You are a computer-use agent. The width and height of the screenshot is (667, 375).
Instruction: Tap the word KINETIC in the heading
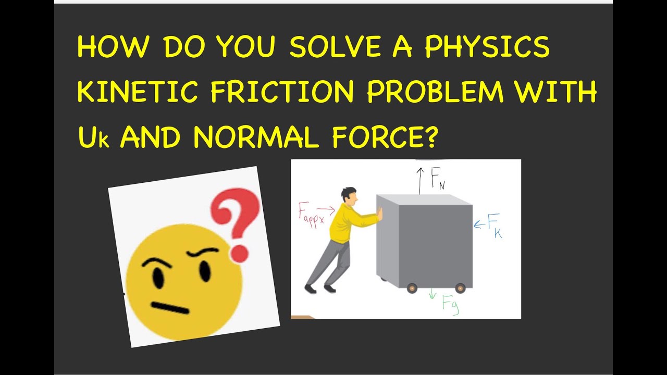pos(138,93)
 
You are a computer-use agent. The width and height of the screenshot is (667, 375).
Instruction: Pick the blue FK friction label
pos(494,226)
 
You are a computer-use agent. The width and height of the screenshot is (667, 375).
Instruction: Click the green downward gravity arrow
pos(432,295)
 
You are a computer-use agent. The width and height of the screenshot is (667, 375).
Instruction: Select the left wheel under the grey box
pos(412,288)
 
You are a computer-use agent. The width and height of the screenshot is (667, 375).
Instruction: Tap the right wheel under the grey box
pos(460,288)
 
